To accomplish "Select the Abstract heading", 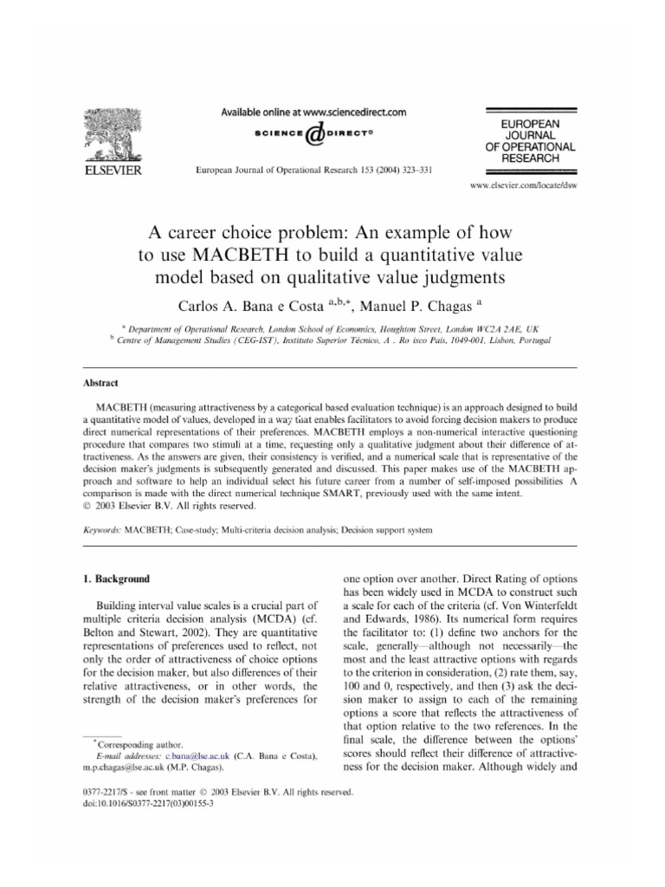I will (100, 382).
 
